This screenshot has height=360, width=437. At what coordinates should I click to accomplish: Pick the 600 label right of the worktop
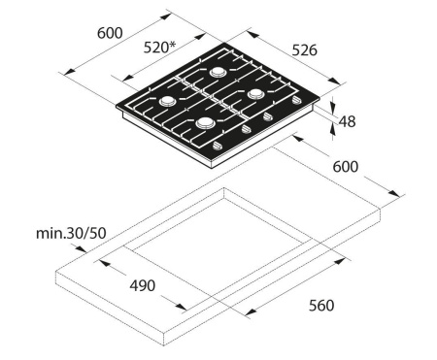point(346,166)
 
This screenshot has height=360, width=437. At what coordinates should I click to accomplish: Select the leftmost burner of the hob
point(168,100)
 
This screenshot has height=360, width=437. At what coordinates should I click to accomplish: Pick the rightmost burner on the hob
point(256,94)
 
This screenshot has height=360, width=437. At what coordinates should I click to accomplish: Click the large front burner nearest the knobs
point(204,123)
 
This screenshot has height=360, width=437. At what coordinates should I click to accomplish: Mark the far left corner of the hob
point(115,110)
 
